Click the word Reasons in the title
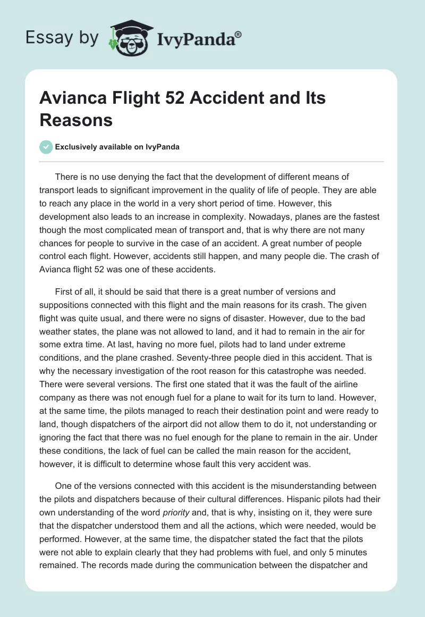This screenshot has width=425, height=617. click(76, 120)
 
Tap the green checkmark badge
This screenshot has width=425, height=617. click(46, 147)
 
